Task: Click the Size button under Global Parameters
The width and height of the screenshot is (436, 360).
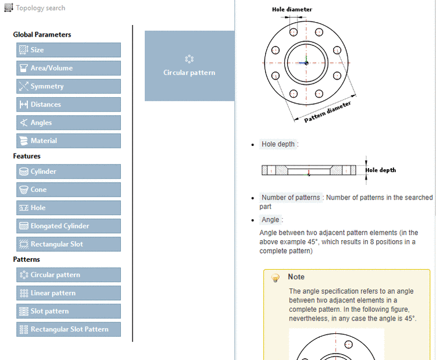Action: point(69,50)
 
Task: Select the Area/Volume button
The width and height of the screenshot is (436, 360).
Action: point(69,68)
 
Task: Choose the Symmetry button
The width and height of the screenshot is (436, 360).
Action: point(69,86)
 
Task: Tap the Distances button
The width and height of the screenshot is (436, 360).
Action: point(69,105)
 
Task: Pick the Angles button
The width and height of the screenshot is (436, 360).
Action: point(69,123)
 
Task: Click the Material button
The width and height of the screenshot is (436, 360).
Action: point(69,141)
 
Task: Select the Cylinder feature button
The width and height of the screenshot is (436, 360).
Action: point(69,172)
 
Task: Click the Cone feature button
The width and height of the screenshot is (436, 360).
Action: point(69,190)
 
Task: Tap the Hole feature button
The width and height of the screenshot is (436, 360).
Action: point(69,208)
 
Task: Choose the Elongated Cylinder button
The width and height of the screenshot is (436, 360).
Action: point(69,226)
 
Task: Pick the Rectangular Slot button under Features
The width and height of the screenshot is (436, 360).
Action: point(69,244)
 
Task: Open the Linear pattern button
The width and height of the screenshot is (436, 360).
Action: point(69,293)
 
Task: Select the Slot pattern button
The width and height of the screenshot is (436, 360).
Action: point(69,311)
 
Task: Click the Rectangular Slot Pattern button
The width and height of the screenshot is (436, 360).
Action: point(69,329)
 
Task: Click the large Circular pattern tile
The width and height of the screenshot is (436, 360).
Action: point(189,66)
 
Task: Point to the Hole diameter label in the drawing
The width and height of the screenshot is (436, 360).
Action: point(292,9)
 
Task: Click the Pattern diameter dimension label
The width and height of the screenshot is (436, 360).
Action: point(328,112)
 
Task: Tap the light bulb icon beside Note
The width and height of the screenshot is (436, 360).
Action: point(276,278)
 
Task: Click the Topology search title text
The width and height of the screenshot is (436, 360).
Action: point(40,8)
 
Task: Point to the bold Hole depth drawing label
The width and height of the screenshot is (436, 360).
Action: point(381,170)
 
